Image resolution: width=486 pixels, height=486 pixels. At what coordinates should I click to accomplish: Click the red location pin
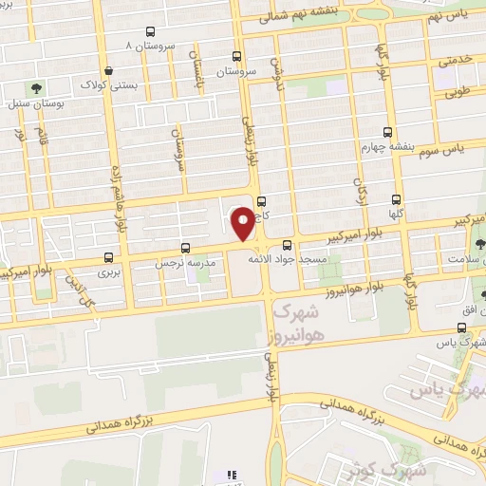(243, 224)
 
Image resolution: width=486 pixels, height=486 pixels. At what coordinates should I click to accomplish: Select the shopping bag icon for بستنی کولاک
(110, 71)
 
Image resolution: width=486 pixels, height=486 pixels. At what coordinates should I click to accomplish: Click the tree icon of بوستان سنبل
(36, 87)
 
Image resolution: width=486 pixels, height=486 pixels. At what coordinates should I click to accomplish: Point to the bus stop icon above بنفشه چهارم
(386, 133)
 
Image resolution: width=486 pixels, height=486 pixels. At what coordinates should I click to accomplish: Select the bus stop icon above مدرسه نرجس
(197, 245)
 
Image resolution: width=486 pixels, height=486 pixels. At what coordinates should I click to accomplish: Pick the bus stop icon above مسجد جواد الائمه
(288, 244)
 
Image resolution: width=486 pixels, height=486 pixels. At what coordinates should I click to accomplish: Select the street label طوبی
(458, 95)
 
